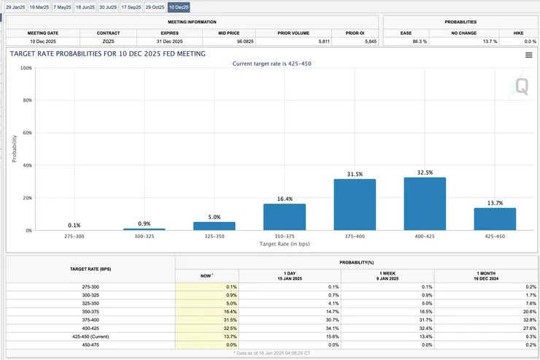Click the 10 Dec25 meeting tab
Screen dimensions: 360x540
pos(179,7)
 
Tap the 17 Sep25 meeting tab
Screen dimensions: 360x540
pos(132,7)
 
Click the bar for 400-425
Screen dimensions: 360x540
pos(425,204)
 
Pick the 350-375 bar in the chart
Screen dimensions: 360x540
pos(285,217)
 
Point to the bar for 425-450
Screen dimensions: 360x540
pos(495,219)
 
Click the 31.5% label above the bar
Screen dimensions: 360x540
pos(355,174)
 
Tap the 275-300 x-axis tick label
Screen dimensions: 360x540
pos(74,237)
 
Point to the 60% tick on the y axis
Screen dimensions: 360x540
pos(26,133)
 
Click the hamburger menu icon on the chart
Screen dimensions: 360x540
pos(528,55)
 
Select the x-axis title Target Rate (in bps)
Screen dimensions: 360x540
pos(285,244)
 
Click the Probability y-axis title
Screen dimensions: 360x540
pos(14,148)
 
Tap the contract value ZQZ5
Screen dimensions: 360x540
pos(109,42)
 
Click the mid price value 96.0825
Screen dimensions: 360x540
pos(229,42)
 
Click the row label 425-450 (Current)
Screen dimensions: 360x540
pos(90,337)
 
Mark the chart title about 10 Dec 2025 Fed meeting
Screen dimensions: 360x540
pos(108,54)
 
